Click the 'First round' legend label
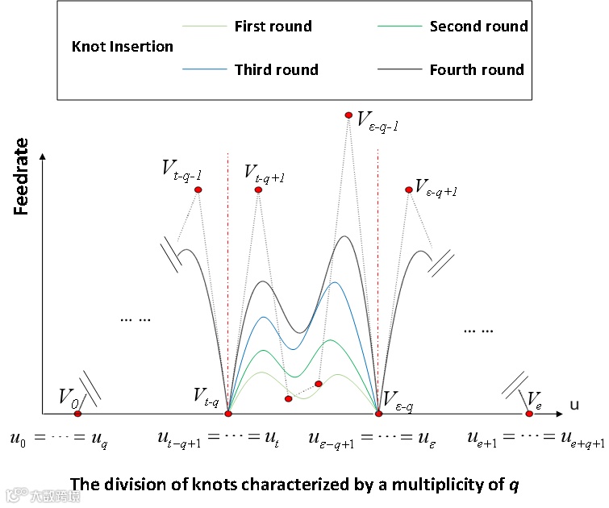[273, 27]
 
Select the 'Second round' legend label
[478, 27]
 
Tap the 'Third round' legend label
[276, 69]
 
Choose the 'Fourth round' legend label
[477, 69]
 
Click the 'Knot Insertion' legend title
[122, 46]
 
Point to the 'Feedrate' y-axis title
[23, 176]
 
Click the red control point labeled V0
[78, 414]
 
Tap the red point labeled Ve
[529, 414]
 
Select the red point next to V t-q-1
[198, 189]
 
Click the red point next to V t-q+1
[258, 189]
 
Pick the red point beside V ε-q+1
[408, 189]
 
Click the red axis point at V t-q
[228, 414]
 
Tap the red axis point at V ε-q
[378, 414]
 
